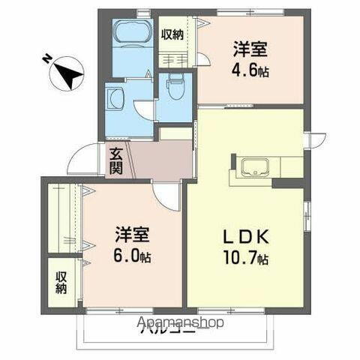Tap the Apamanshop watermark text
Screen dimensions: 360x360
click(x=180, y=323)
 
